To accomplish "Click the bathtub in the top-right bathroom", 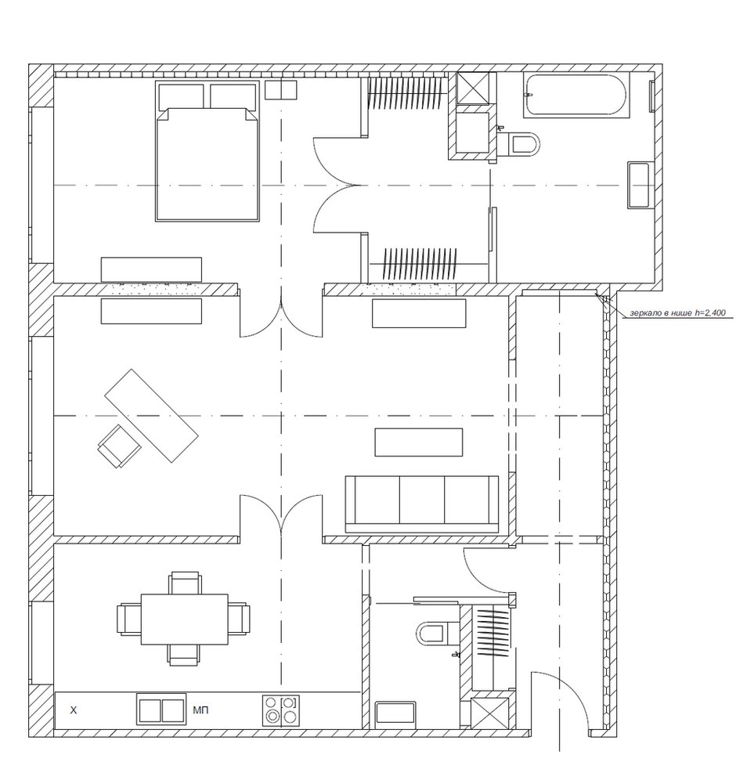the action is [576, 96].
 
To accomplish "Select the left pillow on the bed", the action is [182, 96].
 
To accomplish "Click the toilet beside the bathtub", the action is [521, 144].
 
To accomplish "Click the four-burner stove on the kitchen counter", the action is [281, 710].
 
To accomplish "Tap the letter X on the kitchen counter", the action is [74, 710].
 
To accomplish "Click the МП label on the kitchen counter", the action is [200, 710].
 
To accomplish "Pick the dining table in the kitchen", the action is [185, 619].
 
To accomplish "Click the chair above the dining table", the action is [185, 583].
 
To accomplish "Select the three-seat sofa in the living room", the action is [422, 504].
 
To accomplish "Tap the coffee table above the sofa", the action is [419, 442].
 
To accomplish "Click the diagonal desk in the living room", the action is [152, 416].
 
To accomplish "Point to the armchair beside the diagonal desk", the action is [120, 446].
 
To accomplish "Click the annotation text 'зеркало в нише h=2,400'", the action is [678, 313].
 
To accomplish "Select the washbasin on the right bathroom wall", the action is [639, 186].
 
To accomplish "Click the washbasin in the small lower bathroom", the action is [395, 714].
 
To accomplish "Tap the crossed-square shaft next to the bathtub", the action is [474, 88].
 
